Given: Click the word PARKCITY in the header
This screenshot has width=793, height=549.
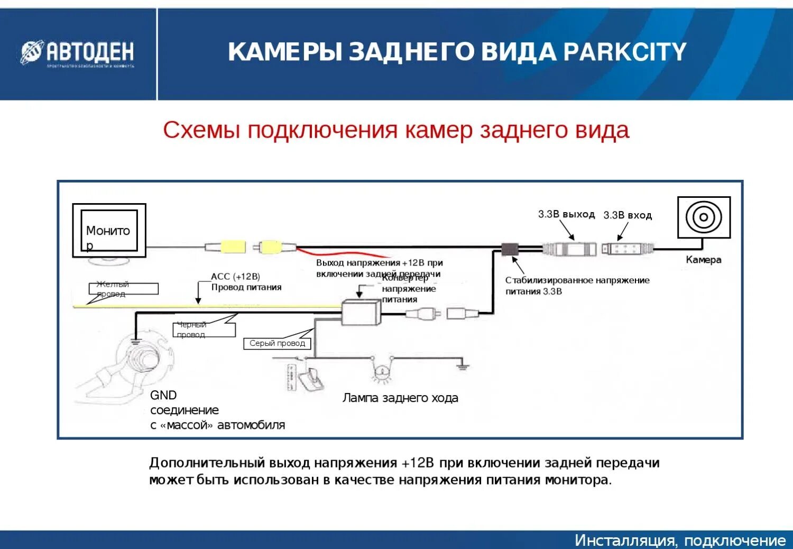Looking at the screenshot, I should [625, 52].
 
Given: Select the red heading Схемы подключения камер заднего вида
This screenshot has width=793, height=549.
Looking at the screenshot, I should [395, 130].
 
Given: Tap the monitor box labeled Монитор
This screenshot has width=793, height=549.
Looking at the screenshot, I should [109, 231].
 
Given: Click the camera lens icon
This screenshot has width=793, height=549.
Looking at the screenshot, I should [704, 217].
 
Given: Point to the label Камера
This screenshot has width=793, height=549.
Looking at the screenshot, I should [703, 260].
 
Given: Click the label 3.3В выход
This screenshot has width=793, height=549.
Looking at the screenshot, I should [566, 214].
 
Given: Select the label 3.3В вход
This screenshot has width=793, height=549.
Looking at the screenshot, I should [628, 215].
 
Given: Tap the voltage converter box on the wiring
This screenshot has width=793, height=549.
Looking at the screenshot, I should [362, 312].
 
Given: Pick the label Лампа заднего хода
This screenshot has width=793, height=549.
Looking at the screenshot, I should [400, 398].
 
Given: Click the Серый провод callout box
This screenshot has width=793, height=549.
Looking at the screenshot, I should [277, 343].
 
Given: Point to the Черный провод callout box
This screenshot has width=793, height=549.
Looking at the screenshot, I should [204, 330].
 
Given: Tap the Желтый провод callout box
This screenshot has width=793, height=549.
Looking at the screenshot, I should [123, 289].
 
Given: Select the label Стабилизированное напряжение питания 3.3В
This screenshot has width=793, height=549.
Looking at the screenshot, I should [577, 286].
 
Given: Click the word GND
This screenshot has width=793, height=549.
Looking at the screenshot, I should [163, 395].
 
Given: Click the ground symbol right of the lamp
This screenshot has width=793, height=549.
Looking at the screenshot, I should [463, 365].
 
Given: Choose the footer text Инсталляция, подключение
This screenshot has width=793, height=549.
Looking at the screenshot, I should [680, 540].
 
